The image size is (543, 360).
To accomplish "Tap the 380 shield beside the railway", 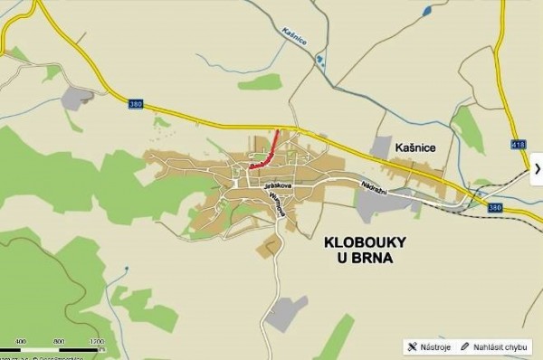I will click(494, 207).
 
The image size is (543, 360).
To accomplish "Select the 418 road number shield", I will click(517, 144).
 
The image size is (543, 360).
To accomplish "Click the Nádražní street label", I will click(374, 183).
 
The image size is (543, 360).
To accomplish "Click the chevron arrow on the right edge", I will click(536, 168).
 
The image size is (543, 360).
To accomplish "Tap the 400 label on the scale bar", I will click(20, 342).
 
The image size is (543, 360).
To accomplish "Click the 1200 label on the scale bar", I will click(97, 342).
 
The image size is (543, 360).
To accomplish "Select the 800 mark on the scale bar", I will click(58, 342).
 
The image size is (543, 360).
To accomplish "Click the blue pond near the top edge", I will click(426, 12).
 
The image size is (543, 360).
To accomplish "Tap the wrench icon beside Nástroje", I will click(412, 346).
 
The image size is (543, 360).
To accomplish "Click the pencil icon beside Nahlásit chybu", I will click(465, 346).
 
